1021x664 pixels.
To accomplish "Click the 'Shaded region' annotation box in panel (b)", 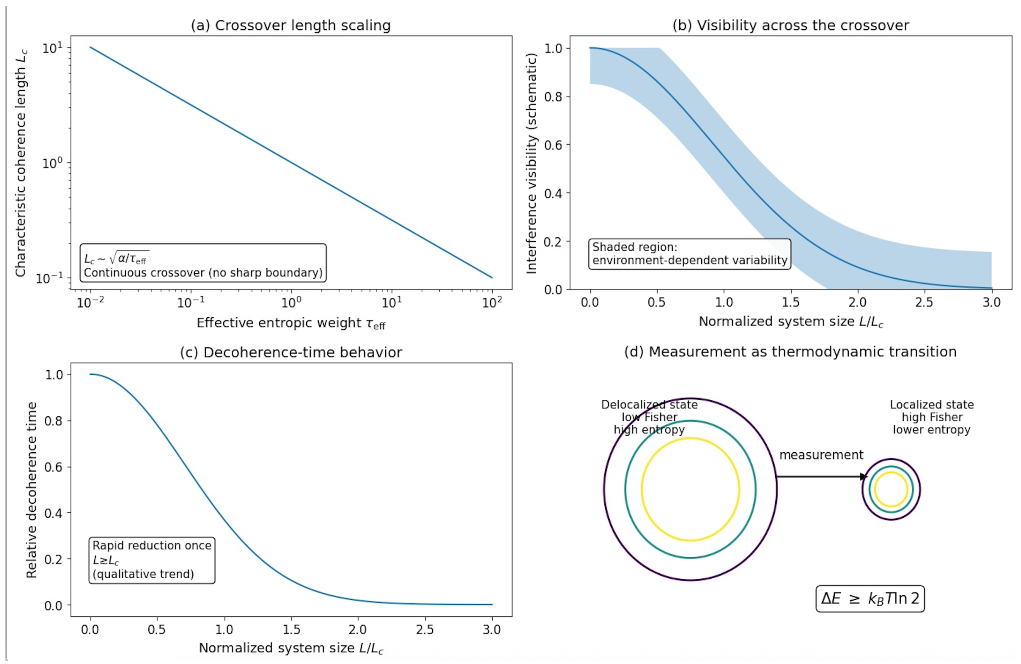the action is click(689, 254).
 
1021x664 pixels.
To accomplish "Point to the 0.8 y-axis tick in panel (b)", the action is click(553, 97).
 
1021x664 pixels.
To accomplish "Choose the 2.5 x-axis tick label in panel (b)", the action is click(924, 302).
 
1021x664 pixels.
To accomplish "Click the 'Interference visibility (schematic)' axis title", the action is click(532, 163).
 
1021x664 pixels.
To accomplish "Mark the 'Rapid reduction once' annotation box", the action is click(152, 560).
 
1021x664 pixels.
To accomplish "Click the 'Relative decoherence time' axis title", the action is click(31, 490).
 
